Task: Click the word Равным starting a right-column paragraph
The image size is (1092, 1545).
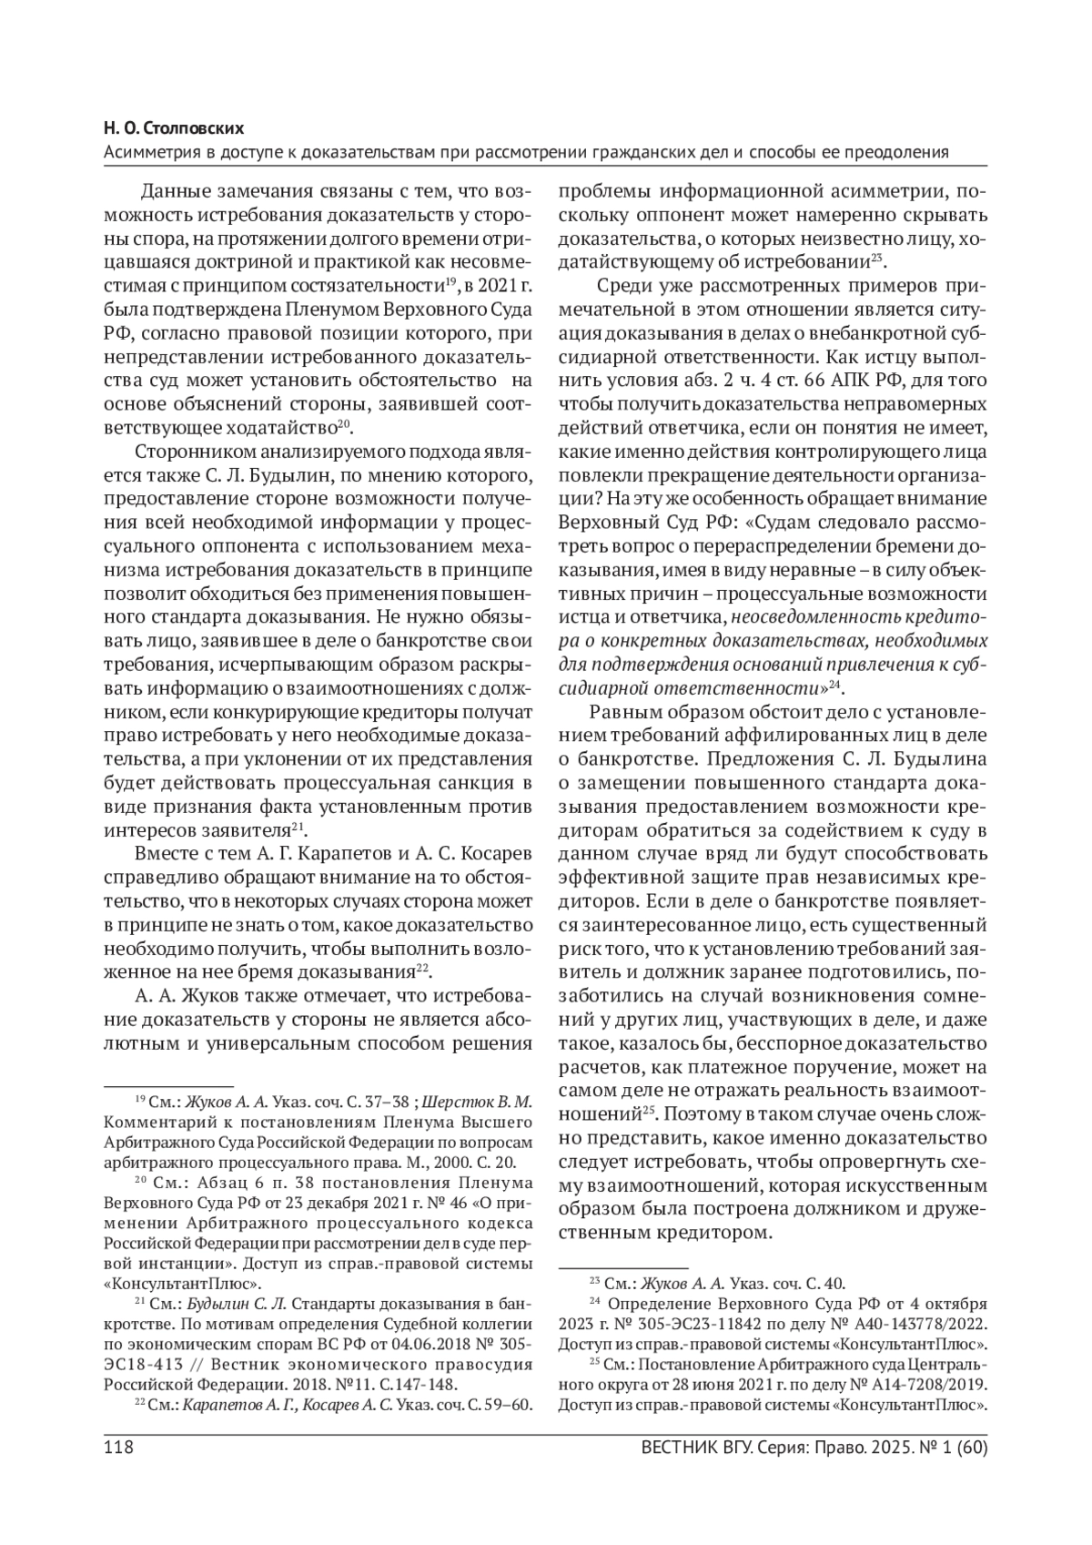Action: pos(627,711)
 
